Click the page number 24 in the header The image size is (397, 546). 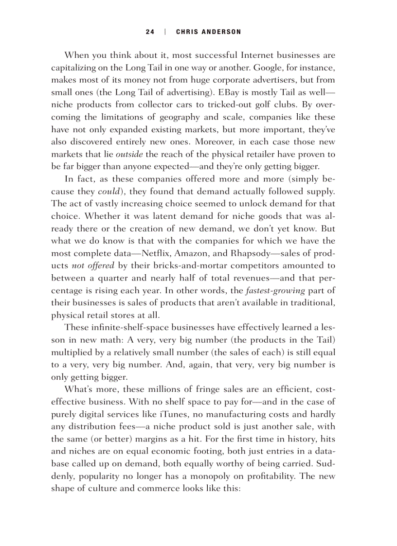coord(150,32)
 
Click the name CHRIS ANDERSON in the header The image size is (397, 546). coord(208,32)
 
